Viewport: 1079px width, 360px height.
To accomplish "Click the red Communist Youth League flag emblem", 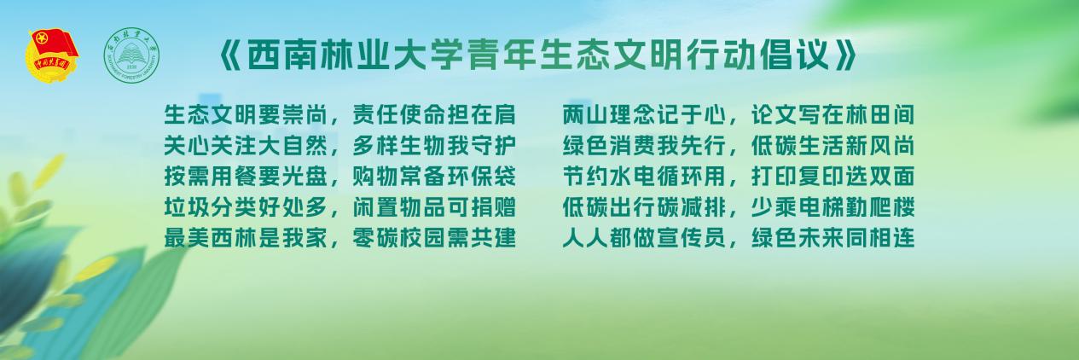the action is (52, 55).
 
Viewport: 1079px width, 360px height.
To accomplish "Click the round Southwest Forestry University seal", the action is (131, 55).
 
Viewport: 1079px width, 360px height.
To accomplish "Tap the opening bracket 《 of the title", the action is (229, 55).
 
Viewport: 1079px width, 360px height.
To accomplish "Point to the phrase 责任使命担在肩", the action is (434, 114).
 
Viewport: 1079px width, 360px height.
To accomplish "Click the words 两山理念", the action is (609, 114).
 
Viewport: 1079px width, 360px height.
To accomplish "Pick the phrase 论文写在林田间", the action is (832, 114).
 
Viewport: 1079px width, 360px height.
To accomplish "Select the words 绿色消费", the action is (609, 146).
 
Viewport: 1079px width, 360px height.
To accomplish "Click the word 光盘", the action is (305, 177).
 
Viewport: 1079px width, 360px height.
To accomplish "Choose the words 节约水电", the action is (609, 177).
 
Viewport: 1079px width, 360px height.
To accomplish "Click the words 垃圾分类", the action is (211, 207).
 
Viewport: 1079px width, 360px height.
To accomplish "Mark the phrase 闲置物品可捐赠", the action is (434, 207).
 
